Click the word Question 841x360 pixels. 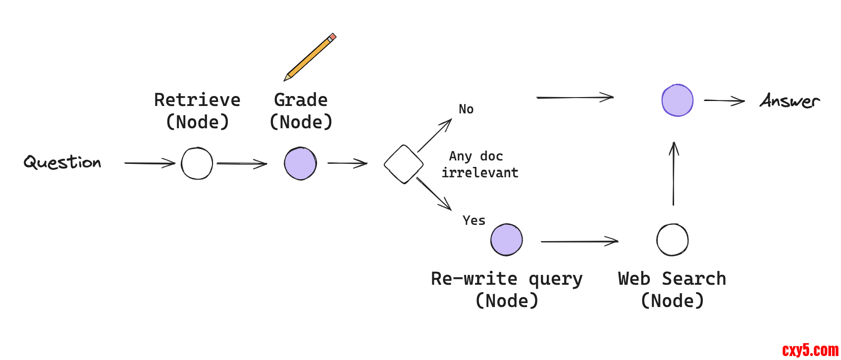coord(62,162)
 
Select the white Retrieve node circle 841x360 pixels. coord(197,163)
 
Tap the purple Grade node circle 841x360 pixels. coord(300,163)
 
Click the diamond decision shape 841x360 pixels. coord(404,164)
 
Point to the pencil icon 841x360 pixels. coord(310,57)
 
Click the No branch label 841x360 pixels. coord(466,109)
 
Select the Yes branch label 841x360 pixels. coord(474,220)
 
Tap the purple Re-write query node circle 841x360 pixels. coord(506,240)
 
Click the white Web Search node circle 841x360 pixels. coord(672,240)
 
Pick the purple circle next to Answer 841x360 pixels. coord(678,101)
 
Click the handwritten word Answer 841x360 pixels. coord(789,101)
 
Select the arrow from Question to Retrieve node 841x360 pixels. coord(150,163)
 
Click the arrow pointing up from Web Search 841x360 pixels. coord(674,173)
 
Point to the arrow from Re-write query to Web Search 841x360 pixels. coord(579,242)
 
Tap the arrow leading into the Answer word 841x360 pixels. coord(724,101)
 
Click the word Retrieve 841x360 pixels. coord(197,100)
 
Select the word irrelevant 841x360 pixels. coord(480,173)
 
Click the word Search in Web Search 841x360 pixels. coord(694,279)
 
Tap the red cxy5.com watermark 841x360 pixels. coord(810,351)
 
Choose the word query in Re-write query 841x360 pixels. coord(556,279)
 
